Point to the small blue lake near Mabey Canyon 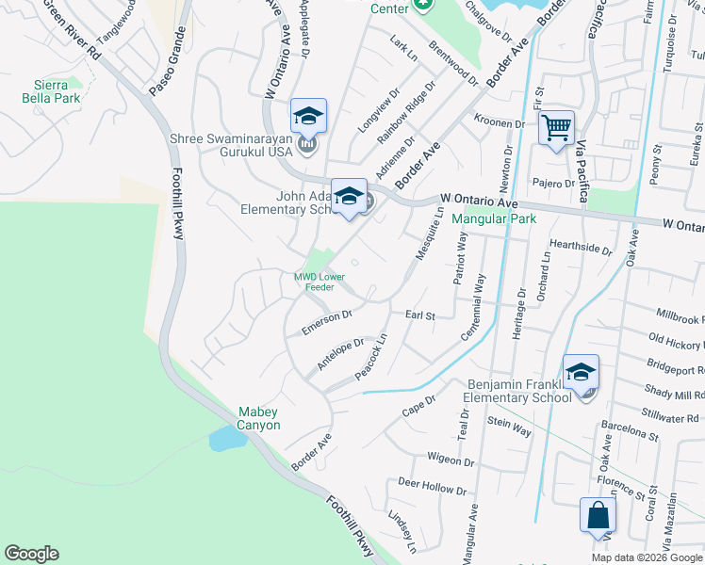pyautogui.click(x=224, y=438)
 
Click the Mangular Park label pyautogui.click(x=494, y=219)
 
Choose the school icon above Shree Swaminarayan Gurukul pyautogui.click(x=308, y=116)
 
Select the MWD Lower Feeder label pyautogui.click(x=319, y=281)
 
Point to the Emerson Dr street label pyautogui.click(x=326, y=321)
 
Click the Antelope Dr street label pyautogui.click(x=340, y=354)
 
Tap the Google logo pyautogui.click(x=32, y=554)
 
